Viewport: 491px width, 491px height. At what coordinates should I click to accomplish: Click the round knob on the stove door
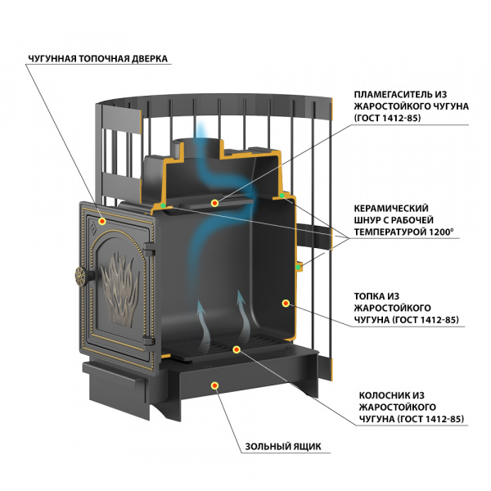click(x=81, y=277)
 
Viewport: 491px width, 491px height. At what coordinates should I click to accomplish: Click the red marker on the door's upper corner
click(x=102, y=221)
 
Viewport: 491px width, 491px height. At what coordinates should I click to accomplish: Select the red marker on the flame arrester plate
click(x=214, y=203)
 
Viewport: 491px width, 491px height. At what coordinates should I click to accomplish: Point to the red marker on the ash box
click(x=214, y=385)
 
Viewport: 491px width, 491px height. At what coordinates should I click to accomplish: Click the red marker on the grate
click(x=236, y=349)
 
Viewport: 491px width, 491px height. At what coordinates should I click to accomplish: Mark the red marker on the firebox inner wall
click(x=286, y=303)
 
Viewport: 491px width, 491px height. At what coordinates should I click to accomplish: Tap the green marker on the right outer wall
click(x=298, y=267)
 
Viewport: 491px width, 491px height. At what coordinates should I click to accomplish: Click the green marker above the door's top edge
click(x=163, y=205)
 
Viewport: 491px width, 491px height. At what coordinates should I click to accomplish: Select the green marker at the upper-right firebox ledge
click(x=282, y=196)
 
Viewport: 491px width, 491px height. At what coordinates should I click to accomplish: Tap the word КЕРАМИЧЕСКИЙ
click(x=391, y=208)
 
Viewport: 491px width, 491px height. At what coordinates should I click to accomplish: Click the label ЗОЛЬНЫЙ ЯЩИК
click(x=283, y=446)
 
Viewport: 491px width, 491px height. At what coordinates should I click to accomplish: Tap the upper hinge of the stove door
click(x=149, y=250)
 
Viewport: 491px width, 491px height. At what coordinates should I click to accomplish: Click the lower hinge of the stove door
click(x=149, y=340)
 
